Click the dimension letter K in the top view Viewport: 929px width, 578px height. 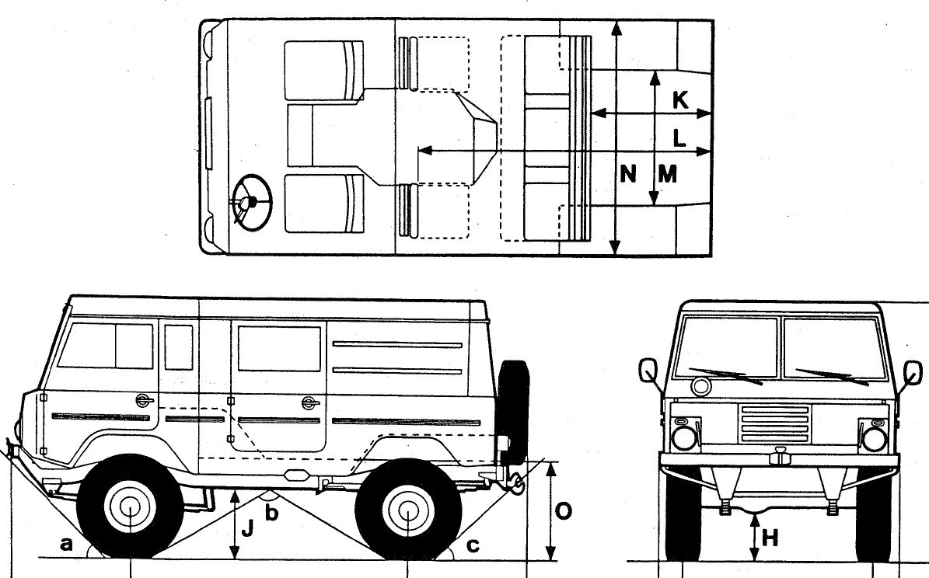coord(679,100)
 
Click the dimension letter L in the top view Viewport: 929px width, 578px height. coord(679,138)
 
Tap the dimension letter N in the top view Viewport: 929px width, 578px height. coord(629,173)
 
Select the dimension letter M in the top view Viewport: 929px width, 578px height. coord(666,173)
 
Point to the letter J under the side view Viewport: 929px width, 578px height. coord(248,529)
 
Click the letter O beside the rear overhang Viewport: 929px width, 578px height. coord(565,511)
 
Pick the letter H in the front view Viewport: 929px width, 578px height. coord(770,537)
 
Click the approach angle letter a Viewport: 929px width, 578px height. coord(67,545)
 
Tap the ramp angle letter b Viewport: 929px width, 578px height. coord(271,512)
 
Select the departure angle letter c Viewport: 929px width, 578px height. coord(473,545)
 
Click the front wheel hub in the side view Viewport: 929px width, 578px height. coord(128,510)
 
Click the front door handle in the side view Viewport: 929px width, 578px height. coord(142,400)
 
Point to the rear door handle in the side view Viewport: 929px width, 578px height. coord(309,402)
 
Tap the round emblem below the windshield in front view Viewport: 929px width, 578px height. coord(700,386)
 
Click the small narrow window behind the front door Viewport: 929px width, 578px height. coord(179,347)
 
